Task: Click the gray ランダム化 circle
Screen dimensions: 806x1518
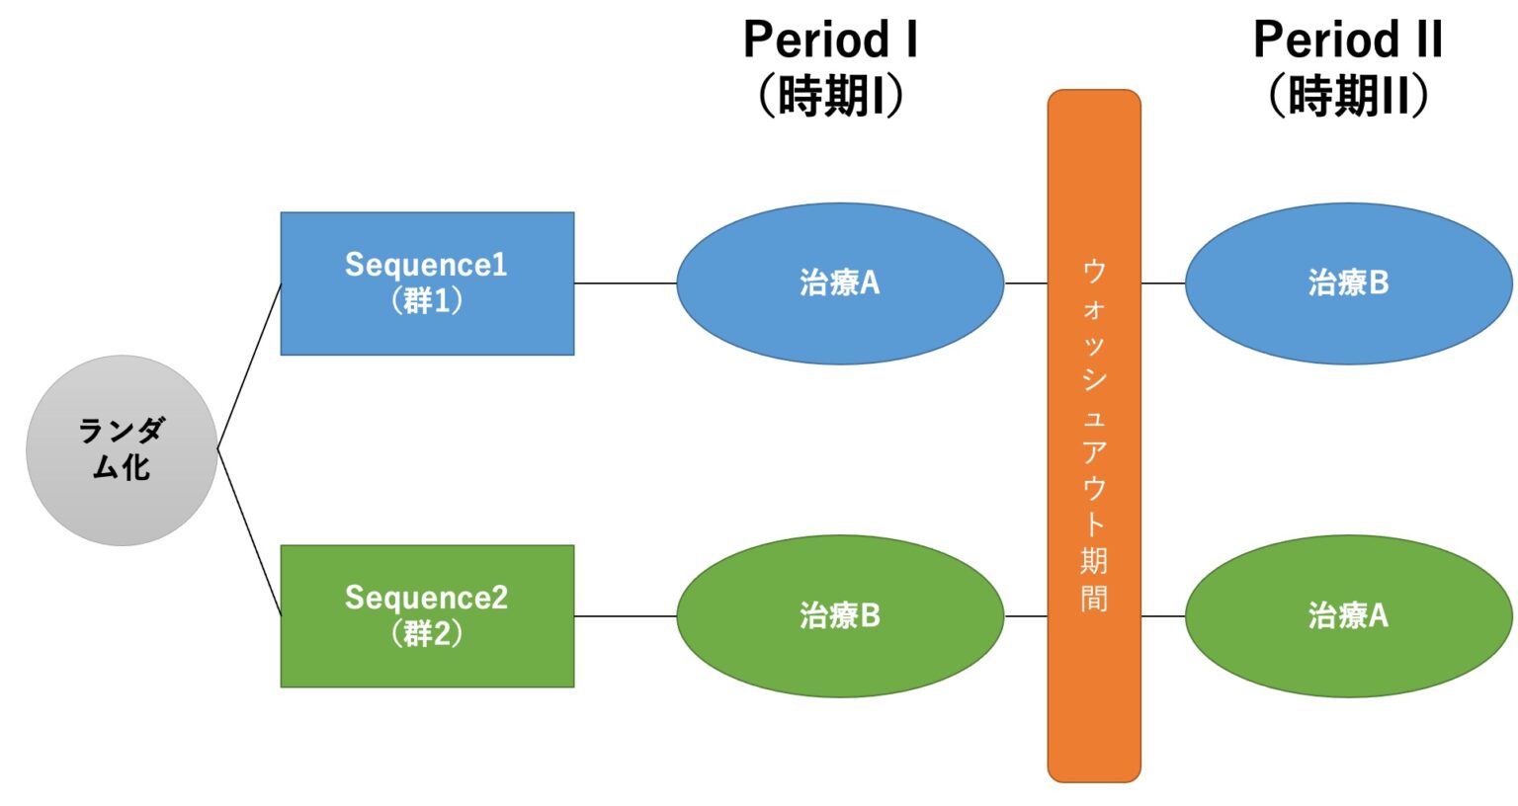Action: (122, 450)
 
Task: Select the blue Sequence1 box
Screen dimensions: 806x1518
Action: (427, 283)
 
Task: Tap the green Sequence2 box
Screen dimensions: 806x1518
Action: (427, 616)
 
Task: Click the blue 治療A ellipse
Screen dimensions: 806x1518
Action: (840, 283)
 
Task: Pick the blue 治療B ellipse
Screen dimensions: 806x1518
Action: (1348, 283)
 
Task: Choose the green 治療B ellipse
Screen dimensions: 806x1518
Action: (840, 616)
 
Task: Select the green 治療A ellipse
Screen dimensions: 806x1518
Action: (1348, 616)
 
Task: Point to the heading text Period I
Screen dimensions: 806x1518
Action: (830, 40)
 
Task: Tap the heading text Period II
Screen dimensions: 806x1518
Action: (1348, 40)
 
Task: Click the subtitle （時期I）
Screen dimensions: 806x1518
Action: (830, 97)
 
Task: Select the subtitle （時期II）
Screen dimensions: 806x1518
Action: (1348, 97)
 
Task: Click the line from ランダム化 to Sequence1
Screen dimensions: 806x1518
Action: (249, 366)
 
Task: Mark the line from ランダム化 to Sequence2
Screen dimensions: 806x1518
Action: (249, 533)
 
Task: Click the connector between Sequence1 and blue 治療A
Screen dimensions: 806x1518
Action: (625, 283)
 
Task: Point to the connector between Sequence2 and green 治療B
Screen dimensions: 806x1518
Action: (625, 616)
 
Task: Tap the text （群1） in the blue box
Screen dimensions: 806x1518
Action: (427, 300)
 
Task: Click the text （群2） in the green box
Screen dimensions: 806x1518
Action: (427, 633)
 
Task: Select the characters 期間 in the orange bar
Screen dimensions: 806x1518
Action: (1094, 580)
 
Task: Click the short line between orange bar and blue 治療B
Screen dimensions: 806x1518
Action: (1163, 283)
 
